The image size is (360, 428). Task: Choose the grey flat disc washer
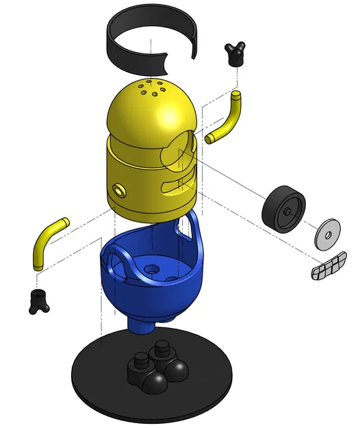pyautogui.click(x=328, y=234)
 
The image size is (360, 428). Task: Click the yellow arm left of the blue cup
pyautogui.click(x=48, y=239)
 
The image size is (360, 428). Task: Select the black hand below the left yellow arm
pyautogui.click(x=38, y=300)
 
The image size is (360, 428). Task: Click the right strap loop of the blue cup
pyautogui.click(x=185, y=230)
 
